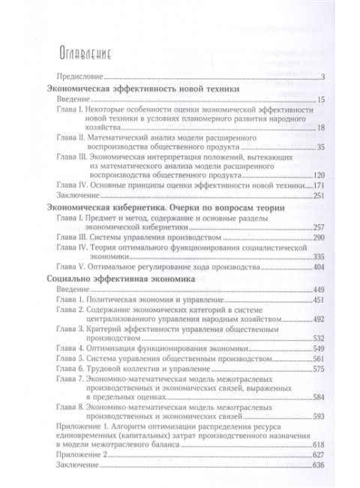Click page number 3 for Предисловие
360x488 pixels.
[321, 78]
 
